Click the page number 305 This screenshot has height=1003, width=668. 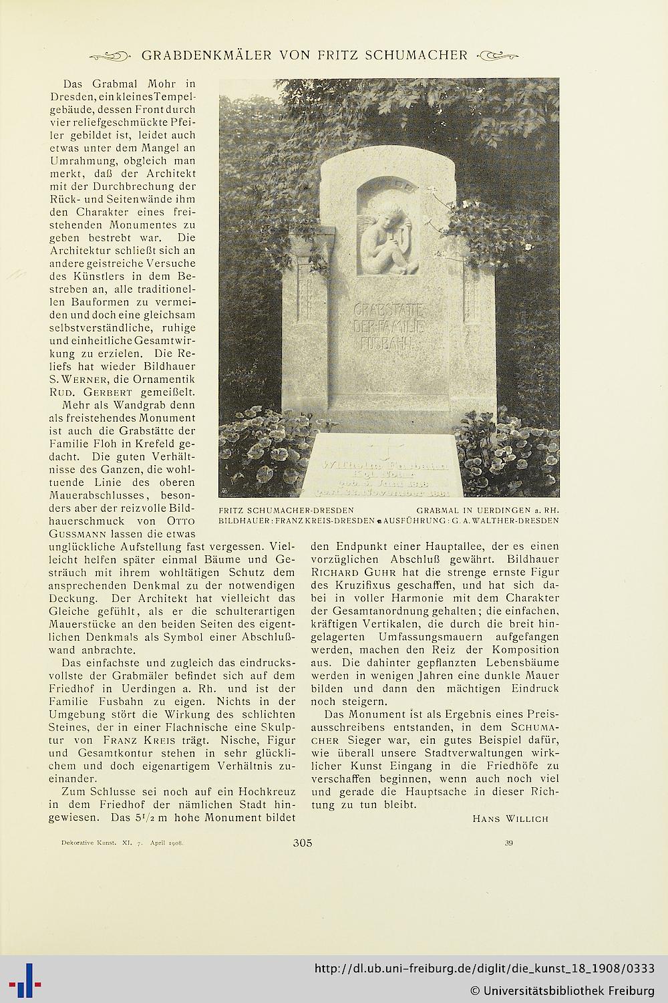[x=303, y=843]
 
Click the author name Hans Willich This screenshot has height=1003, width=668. [x=510, y=818]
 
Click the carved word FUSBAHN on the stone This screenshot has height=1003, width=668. [x=387, y=343]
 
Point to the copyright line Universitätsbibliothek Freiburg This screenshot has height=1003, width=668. [x=562, y=990]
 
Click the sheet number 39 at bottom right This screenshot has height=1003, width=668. [x=508, y=843]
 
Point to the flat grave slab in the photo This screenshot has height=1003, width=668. [x=383, y=466]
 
